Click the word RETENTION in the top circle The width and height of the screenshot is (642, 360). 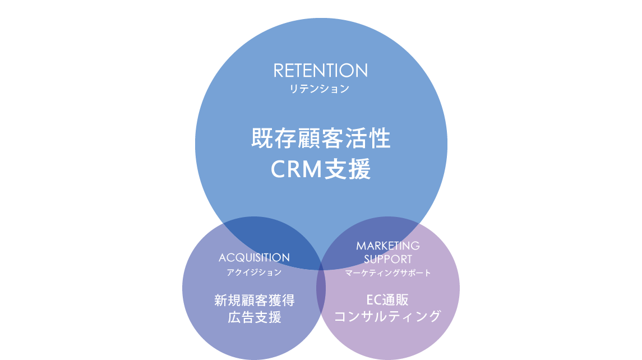tap(321, 71)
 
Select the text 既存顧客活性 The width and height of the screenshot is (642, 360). tap(321, 139)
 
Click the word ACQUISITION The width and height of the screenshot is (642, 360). tap(254, 257)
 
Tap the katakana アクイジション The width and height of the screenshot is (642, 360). tap(254, 273)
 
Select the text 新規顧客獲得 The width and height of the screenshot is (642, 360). tap(254, 300)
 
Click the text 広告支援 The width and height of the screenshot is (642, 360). tap(254, 317)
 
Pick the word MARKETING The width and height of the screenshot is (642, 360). tap(388, 246)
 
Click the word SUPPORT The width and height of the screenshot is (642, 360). tap(388, 259)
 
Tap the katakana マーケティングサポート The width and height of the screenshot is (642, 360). tap(388, 273)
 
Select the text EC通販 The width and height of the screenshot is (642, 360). tap(388, 300)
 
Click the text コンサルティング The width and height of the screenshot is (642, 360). tap(388, 316)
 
